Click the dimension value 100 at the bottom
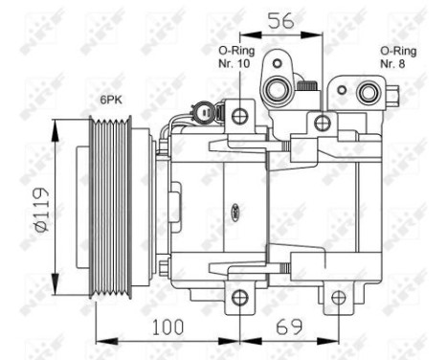pyautogui.click(x=168, y=326)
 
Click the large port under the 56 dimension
pyautogui.click(x=278, y=88)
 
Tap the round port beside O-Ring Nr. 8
pyautogui.click(x=366, y=92)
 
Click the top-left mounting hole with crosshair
pyautogui.click(x=238, y=117)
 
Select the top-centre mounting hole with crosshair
pyautogui.click(x=322, y=122)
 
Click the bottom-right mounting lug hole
pyautogui.click(x=337, y=299)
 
